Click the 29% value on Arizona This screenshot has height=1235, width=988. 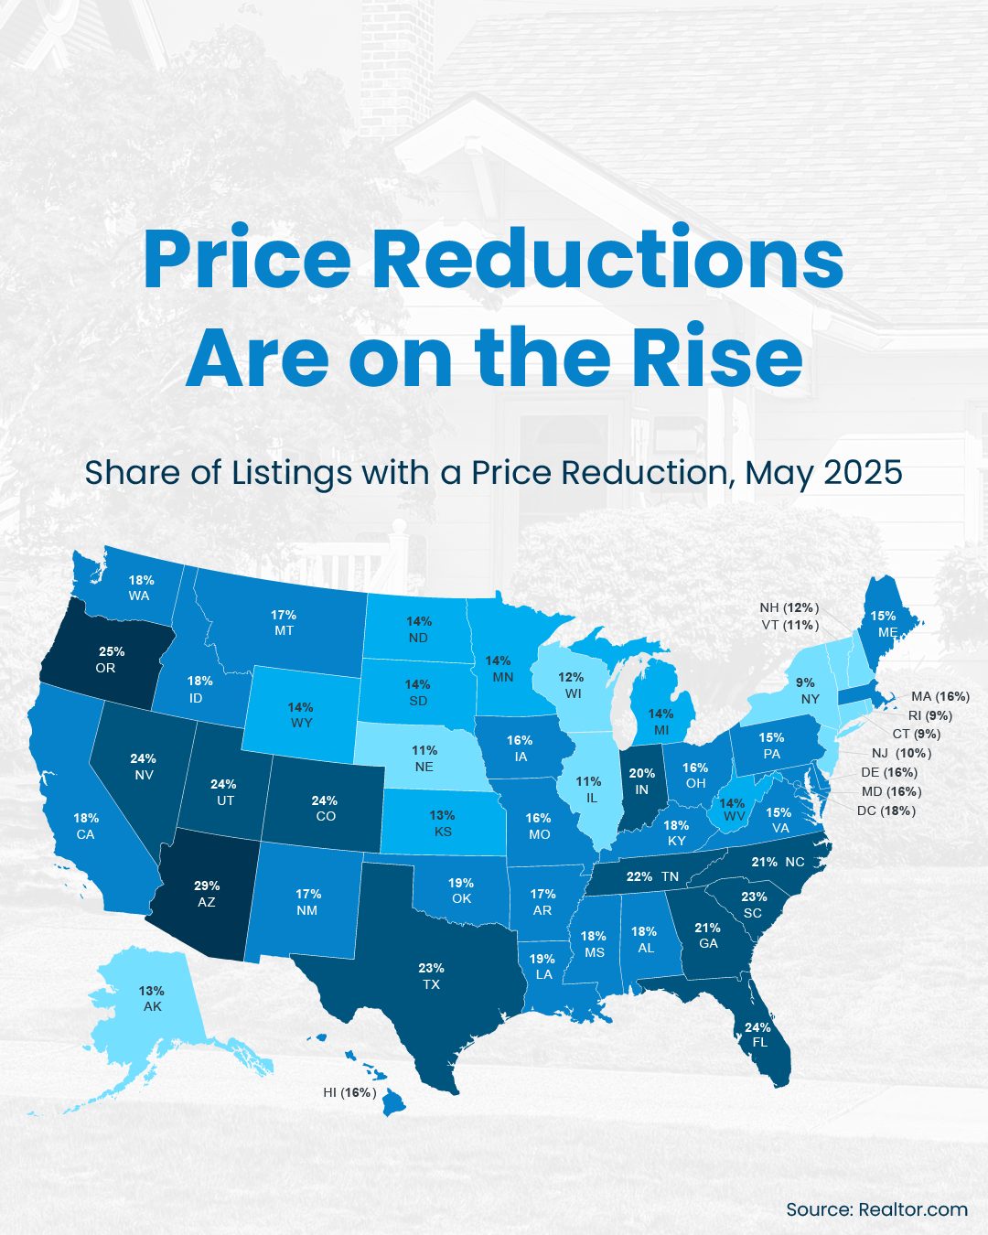coord(207,886)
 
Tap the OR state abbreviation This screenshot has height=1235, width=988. coord(105,668)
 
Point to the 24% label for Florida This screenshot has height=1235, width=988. coord(757,1027)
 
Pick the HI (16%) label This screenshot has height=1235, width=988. coord(349,1092)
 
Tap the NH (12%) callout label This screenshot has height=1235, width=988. coord(789,607)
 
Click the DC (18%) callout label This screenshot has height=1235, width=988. coord(886,811)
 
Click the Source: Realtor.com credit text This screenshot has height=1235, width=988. coord(876,1208)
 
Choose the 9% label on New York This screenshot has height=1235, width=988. coord(805,682)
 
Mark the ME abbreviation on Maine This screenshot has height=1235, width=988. coord(886,632)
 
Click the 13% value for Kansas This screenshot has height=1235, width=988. coord(442,815)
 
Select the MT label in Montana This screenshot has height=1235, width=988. coord(284,631)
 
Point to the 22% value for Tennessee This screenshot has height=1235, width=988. coord(639,876)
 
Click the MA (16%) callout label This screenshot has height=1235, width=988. coord(940,696)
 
